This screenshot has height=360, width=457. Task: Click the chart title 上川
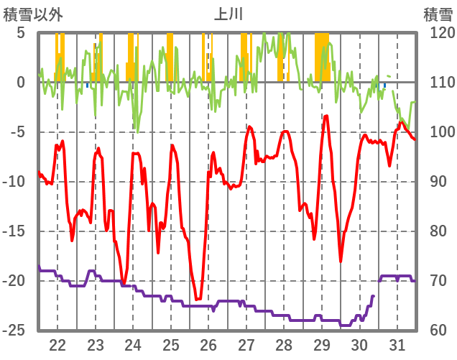tap(228, 14)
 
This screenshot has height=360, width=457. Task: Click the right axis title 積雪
tap(438, 14)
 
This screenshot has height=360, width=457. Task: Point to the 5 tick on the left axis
tap(21, 33)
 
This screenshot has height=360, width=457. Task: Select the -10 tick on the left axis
tap(15, 182)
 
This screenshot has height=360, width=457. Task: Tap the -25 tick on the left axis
tap(15, 331)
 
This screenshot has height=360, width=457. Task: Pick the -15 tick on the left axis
tap(15, 231)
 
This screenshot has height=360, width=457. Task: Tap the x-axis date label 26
tap(208, 343)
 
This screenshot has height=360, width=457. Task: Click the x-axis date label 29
tap(321, 343)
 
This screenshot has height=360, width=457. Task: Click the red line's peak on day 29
tap(326, 116)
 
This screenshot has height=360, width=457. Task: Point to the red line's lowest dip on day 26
tap(198, 299)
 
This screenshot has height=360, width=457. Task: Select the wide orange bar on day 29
tap(322, 57)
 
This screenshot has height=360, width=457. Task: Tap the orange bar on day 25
tap(170, 57)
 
